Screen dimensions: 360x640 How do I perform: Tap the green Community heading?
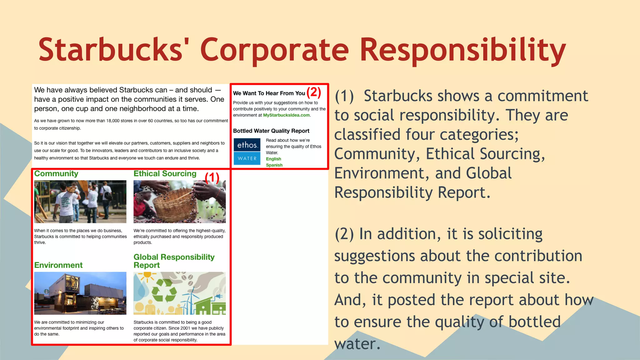click(x=56, y=174)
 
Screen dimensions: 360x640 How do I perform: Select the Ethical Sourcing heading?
click(x=165, y=174)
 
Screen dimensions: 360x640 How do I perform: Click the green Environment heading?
click(x=58, y=265)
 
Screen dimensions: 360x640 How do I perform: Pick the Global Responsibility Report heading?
click(x=174, y=261)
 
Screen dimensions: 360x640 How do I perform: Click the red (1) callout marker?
click(x=212, y=178)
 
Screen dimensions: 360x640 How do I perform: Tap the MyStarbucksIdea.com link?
click(x=286, y=115)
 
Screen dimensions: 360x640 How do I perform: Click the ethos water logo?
click(x=247, y=152)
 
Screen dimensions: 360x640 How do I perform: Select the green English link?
click(x=273, y=159)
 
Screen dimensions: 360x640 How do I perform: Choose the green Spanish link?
click(x=274, y=165)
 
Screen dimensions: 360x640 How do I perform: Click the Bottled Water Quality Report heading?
click(x=271, y=131)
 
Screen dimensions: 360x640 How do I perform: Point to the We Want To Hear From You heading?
click(x=269, y=93)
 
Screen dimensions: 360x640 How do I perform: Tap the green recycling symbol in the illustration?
click(x=164, y=291)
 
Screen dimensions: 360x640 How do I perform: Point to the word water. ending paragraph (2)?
click(x=357, y=344)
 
